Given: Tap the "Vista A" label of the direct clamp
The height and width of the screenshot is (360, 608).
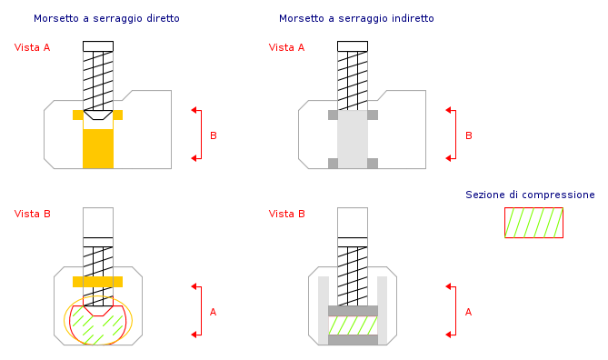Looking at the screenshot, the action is click(x=32, y=47).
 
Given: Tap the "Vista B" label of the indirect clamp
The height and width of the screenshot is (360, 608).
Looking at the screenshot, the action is click(x=287, y=214).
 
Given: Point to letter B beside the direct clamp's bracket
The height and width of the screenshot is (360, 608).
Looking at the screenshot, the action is click(x=214, y=135).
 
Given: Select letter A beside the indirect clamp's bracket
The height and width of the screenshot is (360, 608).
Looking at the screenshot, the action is click(x=468, y=312).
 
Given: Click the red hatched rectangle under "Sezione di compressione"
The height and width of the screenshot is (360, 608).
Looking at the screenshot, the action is click(x=534, y=223).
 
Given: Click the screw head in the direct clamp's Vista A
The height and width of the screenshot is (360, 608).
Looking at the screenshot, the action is click(x=98, y=46).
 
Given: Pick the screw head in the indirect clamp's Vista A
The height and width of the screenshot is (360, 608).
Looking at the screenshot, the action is click(x=353, y=46).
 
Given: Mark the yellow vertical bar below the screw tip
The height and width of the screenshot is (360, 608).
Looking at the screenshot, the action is click(x=98, y=148).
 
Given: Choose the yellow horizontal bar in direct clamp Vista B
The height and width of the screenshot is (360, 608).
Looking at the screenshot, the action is click(x=98, y=282).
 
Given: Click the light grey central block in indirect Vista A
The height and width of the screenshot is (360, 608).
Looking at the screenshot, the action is click(x=353, y=139).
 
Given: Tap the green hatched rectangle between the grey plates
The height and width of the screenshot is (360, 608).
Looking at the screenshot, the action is click(x=353, y=325).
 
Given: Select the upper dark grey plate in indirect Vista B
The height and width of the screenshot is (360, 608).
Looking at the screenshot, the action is click(x=353, y=311).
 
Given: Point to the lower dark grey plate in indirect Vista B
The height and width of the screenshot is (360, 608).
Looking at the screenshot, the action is click(x=353, y=340).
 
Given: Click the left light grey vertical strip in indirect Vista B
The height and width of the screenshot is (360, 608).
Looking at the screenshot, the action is click(x=324, y=310).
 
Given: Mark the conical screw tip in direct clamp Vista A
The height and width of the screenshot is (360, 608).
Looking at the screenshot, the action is click(x=98, y=115).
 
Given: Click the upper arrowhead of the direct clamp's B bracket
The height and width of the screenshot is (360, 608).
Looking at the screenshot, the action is click(x=195, y=110).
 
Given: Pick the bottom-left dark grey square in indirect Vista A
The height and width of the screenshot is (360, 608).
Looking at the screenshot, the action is click(x=333, y=164).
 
